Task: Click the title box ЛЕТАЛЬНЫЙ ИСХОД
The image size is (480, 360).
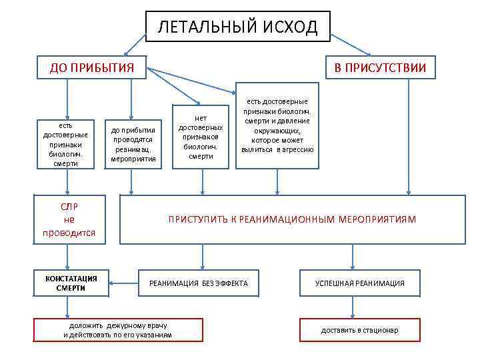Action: tap(238, 27)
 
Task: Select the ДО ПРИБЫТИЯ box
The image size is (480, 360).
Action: tap(93, 67)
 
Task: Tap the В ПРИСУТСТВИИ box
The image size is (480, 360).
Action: tap(380, 67)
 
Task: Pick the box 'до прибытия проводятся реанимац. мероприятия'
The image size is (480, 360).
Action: tap(133, 144)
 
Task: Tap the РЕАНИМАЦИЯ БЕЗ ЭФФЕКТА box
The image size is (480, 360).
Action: tap(198, 283)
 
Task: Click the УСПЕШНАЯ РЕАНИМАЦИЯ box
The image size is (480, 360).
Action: tap(359, 283)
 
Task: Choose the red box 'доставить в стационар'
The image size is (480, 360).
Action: tap(359, 330)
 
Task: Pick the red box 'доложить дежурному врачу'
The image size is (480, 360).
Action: tap(117, 329)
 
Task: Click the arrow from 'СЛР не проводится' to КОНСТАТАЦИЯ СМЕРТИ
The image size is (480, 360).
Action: tap(67, 255)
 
